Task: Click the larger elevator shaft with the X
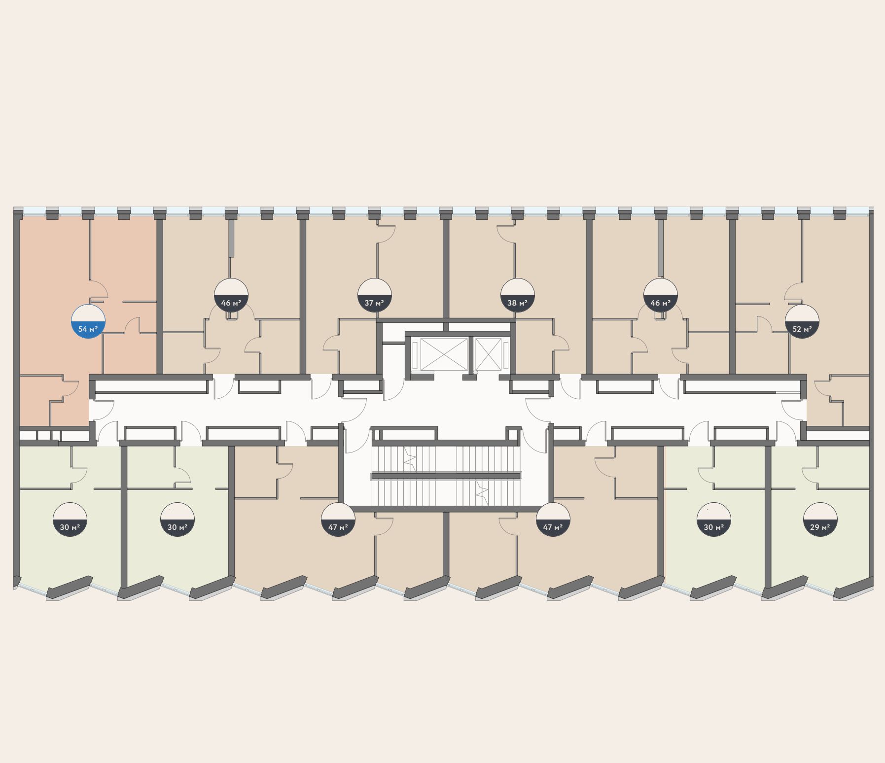pyautogui.click(x=443, y=354)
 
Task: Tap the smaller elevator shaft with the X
pyautogui.click(x=488, y=354)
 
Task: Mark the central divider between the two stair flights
pyautogui.click(x=446, y=476)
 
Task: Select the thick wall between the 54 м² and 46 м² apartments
pyautogui.click(x=160, y=296)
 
